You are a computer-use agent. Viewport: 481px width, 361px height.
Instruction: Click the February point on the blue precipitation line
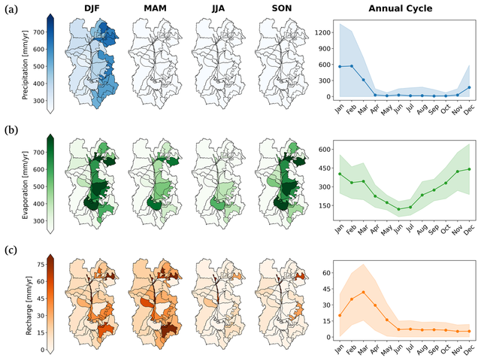click(351, 65)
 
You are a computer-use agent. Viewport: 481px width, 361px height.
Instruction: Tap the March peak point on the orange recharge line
click(363, 292)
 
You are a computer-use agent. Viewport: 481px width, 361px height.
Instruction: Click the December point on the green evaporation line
click(470, 169)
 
